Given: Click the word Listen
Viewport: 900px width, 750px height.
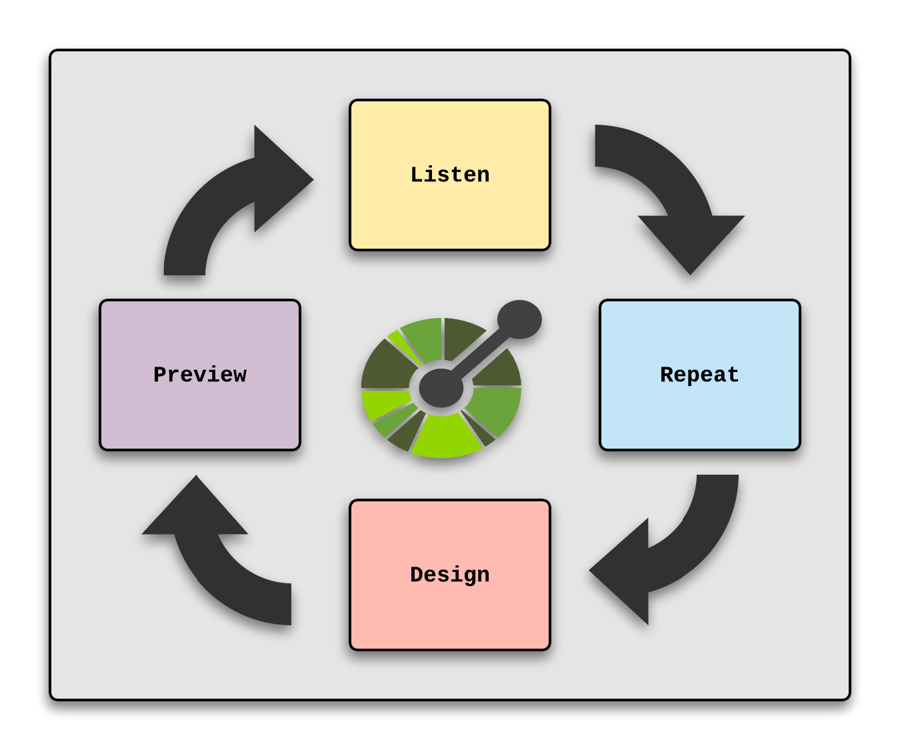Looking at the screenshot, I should tap(450, 175).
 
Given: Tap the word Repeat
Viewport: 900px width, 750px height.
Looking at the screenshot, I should tap(699, 375).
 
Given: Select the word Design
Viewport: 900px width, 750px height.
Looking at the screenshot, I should tap(450, 575).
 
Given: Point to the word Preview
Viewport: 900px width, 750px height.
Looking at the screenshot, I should tap(200, 375).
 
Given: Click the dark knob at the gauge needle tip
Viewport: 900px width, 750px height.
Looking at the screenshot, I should tap(519, 319).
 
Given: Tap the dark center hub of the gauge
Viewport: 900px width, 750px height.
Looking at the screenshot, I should tap(441, 387).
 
